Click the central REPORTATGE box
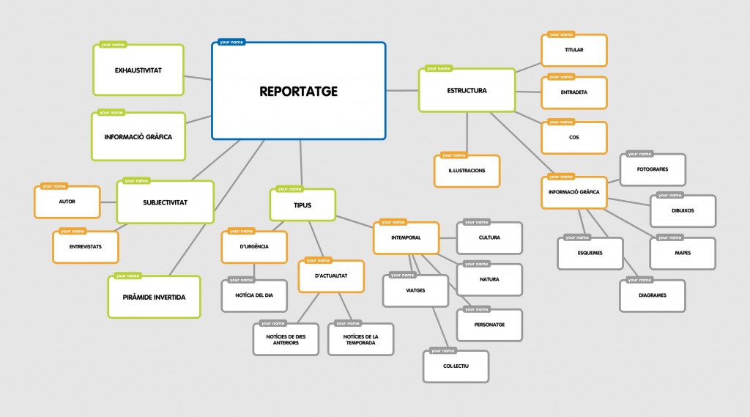click(298, 91)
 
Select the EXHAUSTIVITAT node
click(138, 70)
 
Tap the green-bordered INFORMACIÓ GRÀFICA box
click(138, 136)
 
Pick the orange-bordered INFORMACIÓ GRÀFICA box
click(573, 192)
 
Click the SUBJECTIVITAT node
click(165, 202)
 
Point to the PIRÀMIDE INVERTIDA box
click(154, 297)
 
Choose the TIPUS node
click(302, 205)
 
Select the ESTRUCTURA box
click(467, 91)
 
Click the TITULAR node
click(574, 51)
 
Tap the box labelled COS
click(574, 138)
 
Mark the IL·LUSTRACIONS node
click(467, 171)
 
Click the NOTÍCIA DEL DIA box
click(254, 295)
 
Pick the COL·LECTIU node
click(455, 366)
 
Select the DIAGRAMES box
click(652, 296)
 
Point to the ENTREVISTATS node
click(85, 247)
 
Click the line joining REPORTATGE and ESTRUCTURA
click(402, 90)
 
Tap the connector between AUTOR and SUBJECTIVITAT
click(108, 202)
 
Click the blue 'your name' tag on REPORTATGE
click(231, 42)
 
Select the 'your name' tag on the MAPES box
click(669, 237)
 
